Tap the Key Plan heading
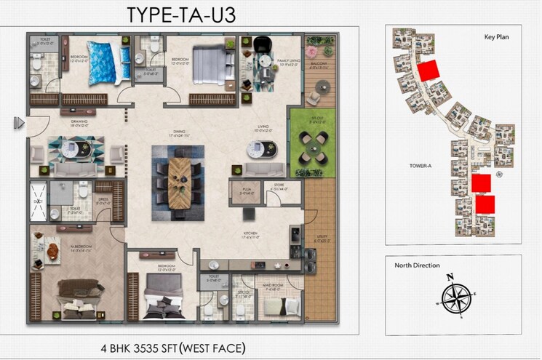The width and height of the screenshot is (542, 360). [499, 36]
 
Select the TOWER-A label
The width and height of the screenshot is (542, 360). [421, 166]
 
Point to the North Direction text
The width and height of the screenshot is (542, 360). [417, 265]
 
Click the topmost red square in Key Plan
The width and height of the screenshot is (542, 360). [429, 71]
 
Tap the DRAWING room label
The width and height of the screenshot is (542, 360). [78, 124]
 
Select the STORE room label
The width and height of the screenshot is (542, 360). [278, 187]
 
